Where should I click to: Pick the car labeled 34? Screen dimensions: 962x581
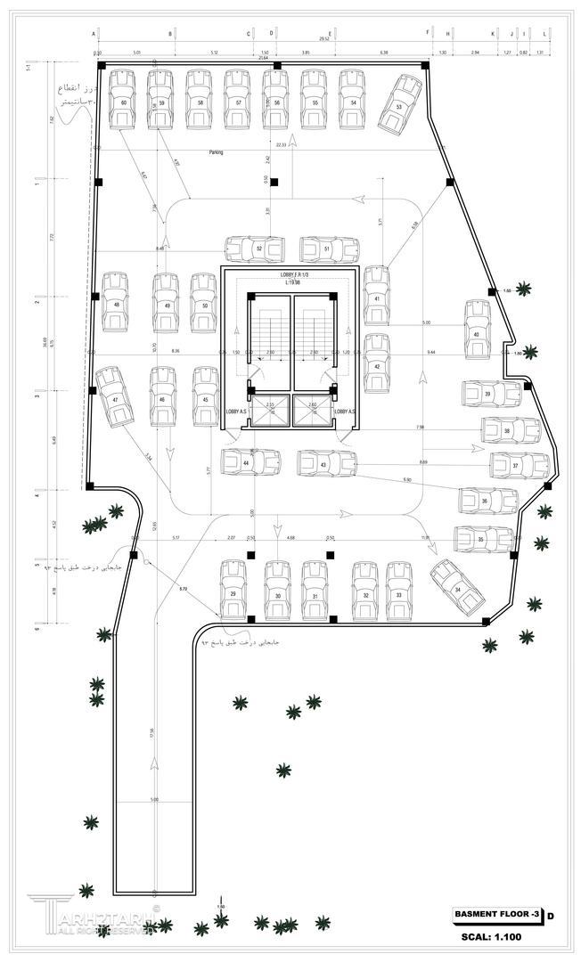tap(456, 588)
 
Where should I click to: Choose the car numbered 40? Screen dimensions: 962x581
tap(477, 331)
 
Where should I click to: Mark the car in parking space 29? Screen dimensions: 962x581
tap(233, 591)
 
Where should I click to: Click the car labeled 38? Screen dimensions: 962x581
tap(510, 430)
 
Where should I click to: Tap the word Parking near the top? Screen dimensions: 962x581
tap(217, 152)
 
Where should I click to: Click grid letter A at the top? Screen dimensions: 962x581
tap(94, 33)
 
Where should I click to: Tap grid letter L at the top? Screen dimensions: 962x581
tap(544, 33)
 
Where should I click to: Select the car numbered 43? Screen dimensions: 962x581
tap(325, 463)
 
